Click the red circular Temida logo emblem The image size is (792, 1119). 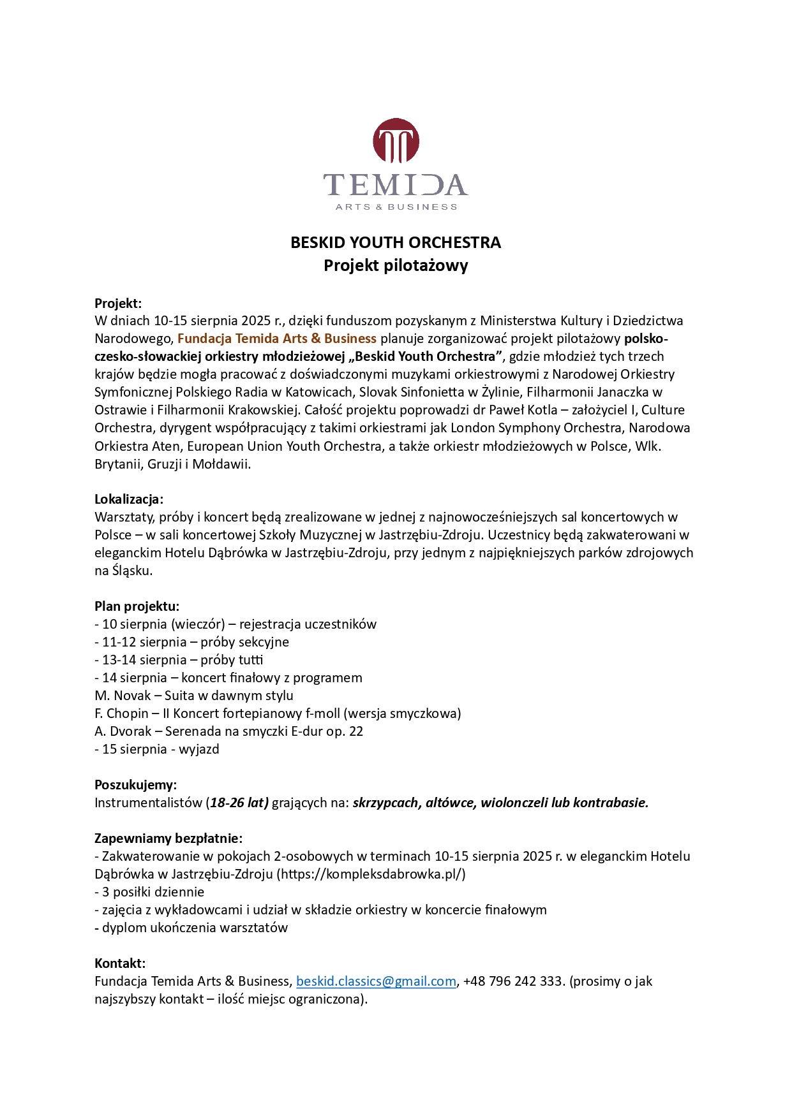[x=396, y=141]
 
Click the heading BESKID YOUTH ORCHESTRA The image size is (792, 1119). [x=396, y=243]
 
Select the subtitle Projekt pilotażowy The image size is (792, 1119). [x=396, y=265]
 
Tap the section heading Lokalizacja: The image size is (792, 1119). [x=129, y=499]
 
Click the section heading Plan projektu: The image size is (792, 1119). [x=137, y=606]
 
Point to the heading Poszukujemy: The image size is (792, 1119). [x=135, y=785]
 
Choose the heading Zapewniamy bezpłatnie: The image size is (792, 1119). [x=168, y=838]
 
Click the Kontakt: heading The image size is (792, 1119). [x=120, y=963]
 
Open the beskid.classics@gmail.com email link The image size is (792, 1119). [x=376, y=981]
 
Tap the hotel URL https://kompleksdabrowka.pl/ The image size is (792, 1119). [x=371, y=874]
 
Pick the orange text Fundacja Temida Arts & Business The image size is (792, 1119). [x=277, y=339]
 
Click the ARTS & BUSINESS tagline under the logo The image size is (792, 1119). [x=396, y=207]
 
